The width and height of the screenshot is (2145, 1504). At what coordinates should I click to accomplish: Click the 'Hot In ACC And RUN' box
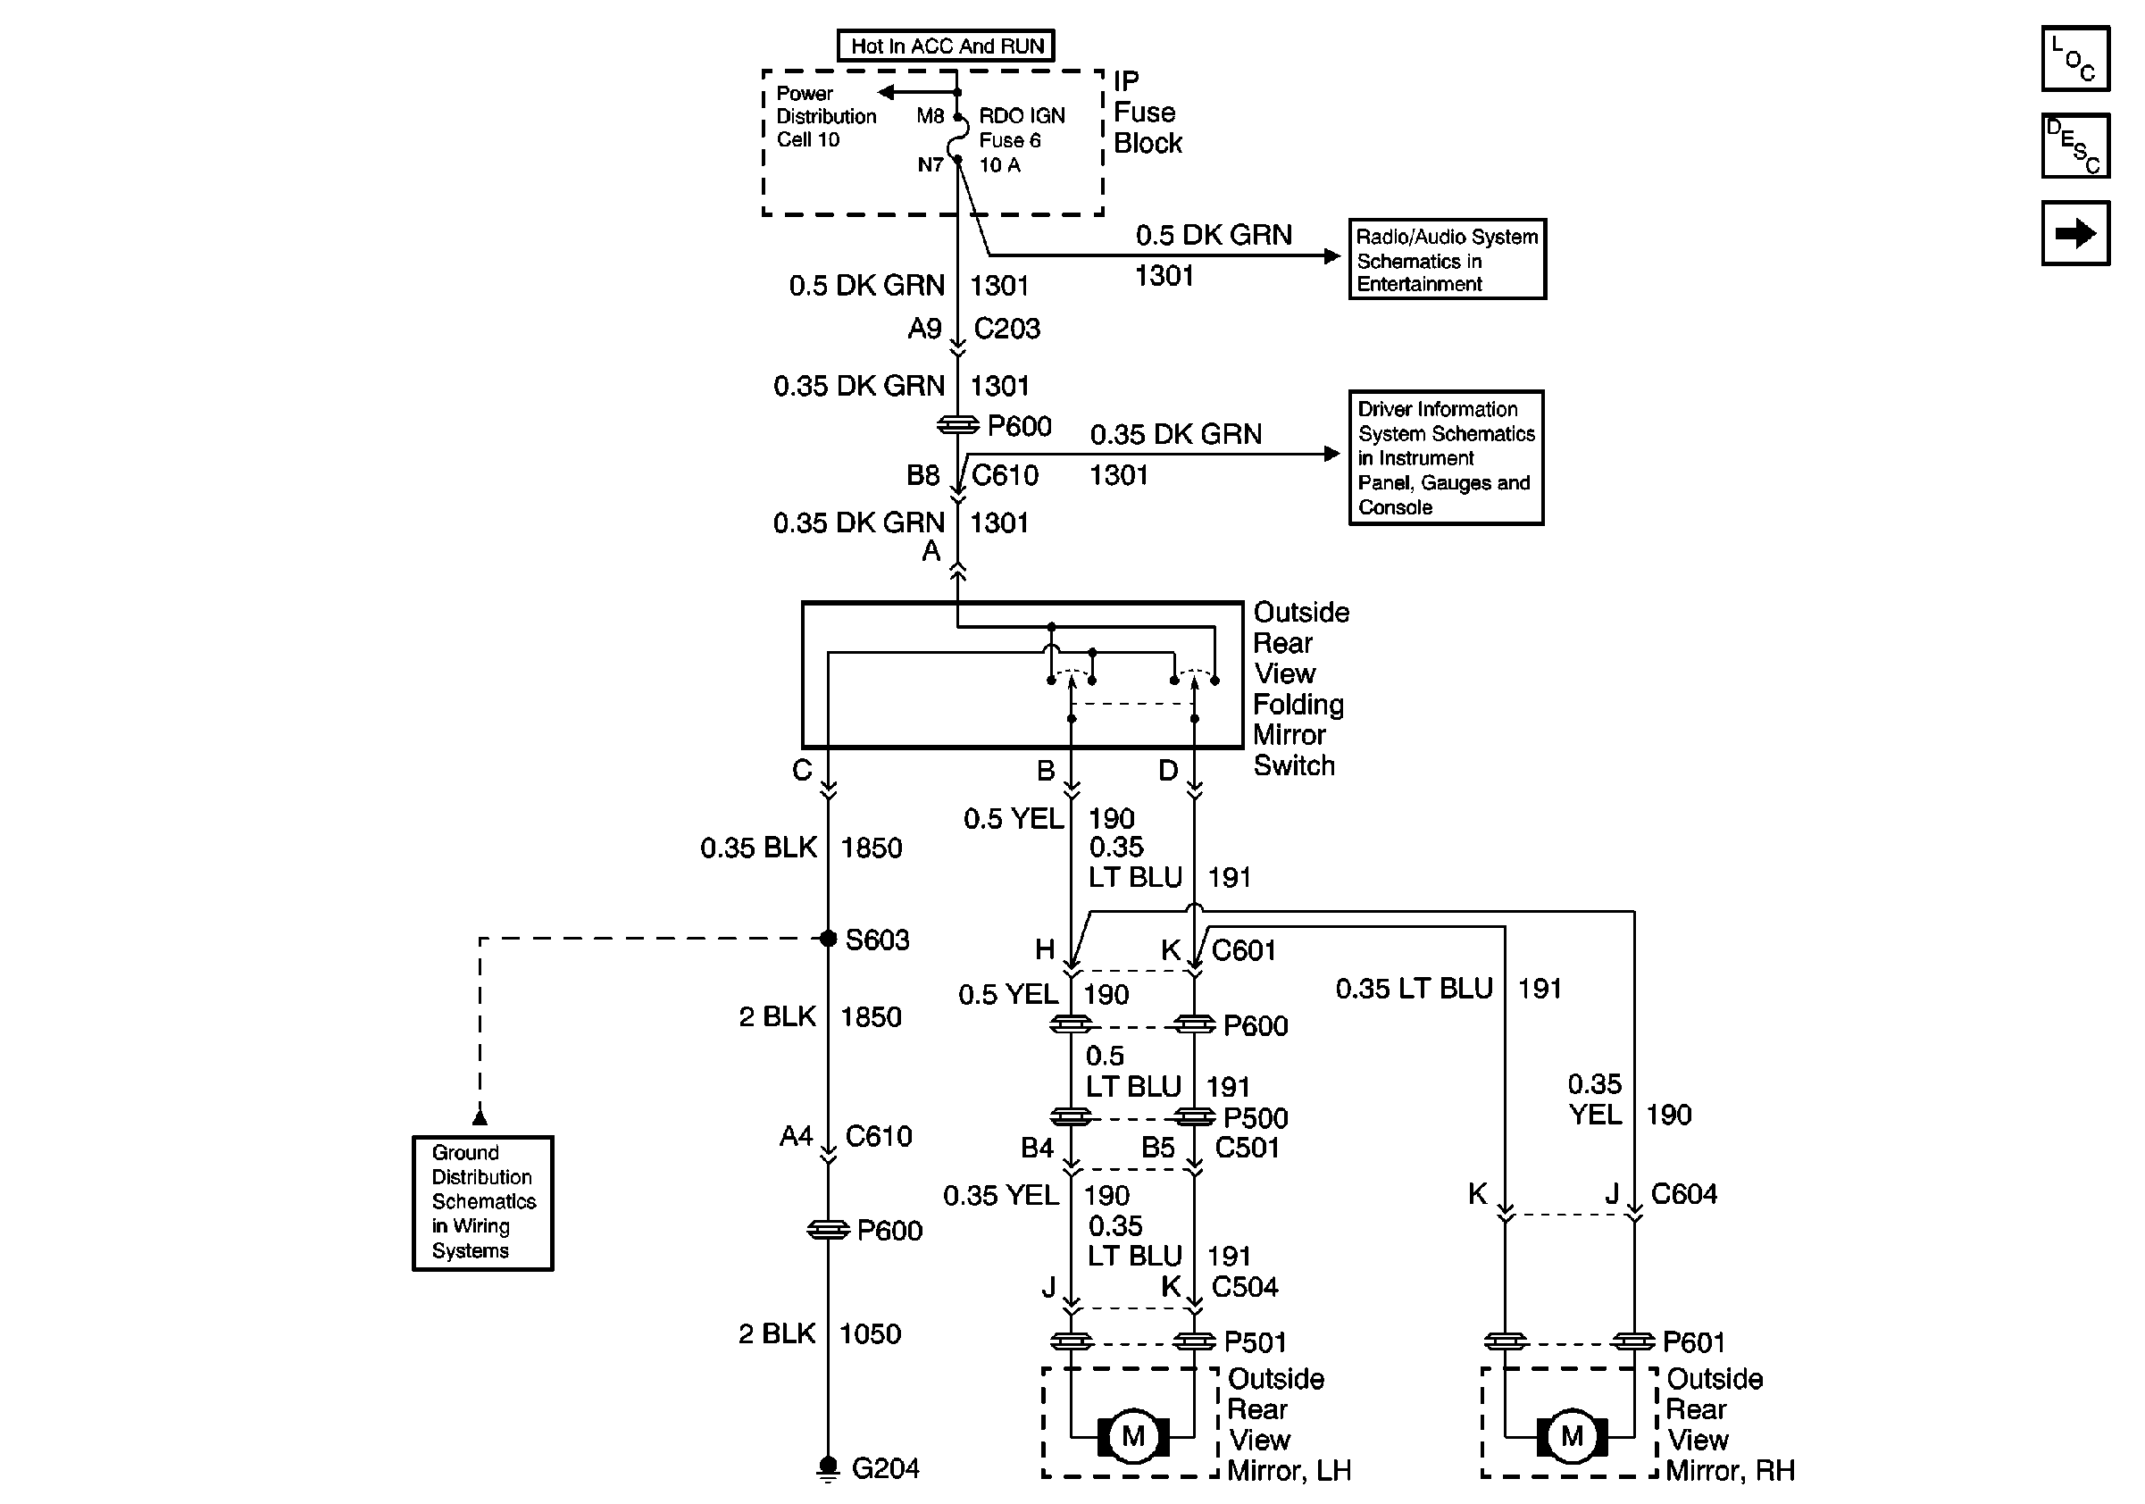[947, 46]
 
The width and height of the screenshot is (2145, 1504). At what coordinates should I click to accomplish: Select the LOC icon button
[2075, 59]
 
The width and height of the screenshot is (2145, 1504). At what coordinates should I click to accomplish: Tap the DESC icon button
[2075, 146]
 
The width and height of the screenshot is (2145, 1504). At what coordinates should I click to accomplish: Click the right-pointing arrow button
[2075, 232]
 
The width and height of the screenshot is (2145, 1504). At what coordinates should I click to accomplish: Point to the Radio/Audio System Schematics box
[1446, 260]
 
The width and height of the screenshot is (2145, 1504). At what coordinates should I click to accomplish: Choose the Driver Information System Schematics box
[1445, 458]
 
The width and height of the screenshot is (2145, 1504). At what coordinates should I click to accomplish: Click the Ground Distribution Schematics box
[483, 1202]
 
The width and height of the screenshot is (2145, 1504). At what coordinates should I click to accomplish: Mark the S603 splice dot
[828, 939]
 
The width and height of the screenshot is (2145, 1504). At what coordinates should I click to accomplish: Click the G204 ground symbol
[828, 1467]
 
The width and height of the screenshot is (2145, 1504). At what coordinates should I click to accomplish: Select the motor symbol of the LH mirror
[1132, 1436]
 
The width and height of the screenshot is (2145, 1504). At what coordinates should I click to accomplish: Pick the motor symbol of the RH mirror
[1572, 1436]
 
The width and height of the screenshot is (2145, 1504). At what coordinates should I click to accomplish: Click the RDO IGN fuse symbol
[957, 140]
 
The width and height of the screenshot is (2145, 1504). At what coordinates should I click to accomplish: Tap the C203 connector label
[1006, 329]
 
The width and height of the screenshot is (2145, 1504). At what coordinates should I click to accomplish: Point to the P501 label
[1255, 1342]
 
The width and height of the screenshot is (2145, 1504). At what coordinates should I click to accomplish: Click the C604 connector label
[1683, 1194]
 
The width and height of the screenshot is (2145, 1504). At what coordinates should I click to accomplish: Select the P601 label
[1694, 1342]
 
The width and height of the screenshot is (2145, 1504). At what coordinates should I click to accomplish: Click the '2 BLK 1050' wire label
[819, 1334]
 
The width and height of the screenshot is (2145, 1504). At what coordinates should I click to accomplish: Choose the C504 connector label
[1244, 1287]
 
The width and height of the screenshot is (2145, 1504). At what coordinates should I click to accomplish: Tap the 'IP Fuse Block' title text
[1148, 113]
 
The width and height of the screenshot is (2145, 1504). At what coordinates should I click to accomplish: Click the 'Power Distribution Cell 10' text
[826, 117]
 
